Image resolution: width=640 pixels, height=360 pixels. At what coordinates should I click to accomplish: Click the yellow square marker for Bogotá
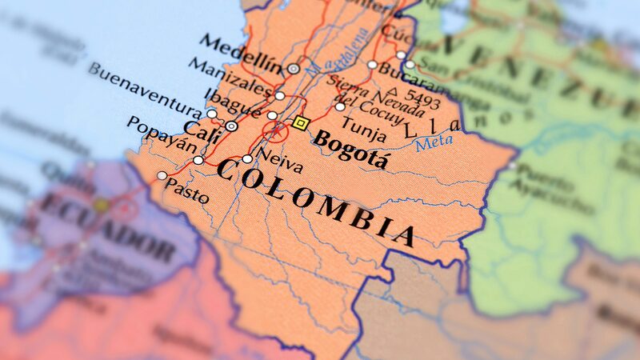point(300,122)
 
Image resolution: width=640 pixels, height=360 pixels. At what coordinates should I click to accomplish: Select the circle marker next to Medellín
point(294,69)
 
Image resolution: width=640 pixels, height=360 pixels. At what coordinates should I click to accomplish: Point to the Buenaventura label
point(144,90)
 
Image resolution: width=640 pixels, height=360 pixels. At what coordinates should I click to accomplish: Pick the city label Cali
point(202,130)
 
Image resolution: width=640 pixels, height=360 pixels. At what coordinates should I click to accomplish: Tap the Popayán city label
point(160,134)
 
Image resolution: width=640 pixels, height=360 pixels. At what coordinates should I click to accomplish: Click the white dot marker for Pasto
point(162,175)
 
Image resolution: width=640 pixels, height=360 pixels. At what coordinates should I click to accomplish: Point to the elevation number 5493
point(422,98)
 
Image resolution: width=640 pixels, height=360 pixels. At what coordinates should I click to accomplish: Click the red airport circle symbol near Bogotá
point(274,132)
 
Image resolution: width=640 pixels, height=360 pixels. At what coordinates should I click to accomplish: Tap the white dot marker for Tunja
point(340,106)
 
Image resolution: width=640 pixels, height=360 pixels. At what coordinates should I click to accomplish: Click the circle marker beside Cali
point(231,126)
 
